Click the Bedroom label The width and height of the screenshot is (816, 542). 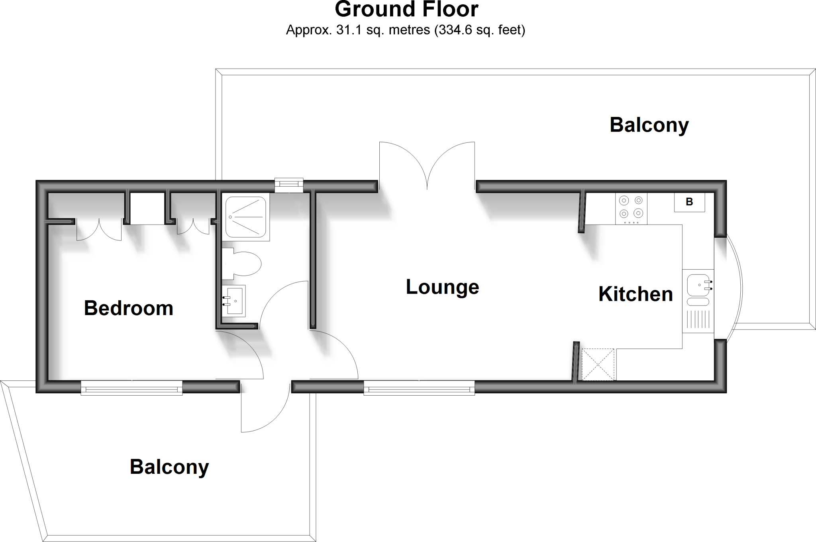click(x=128, y=308)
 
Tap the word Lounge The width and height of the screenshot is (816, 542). click(x=442, y=287)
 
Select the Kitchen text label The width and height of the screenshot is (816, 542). click(x=636, y=294)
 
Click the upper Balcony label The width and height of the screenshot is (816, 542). click(x=649, y=125)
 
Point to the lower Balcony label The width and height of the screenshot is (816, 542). click(x=169, y=467)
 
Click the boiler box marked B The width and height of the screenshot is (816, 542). click(x=689, y=202)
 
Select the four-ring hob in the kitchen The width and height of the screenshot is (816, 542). click(x=631, y=209)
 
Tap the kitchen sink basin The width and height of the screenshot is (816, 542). click(x=698, y=285)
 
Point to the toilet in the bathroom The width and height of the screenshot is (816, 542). click(x=242, y=264)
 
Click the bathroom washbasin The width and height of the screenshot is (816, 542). click(x=233, y=301)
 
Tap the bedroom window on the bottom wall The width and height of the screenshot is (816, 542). click(x=131, y=388)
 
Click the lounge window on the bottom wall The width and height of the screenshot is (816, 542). click(x=419, y=388)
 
